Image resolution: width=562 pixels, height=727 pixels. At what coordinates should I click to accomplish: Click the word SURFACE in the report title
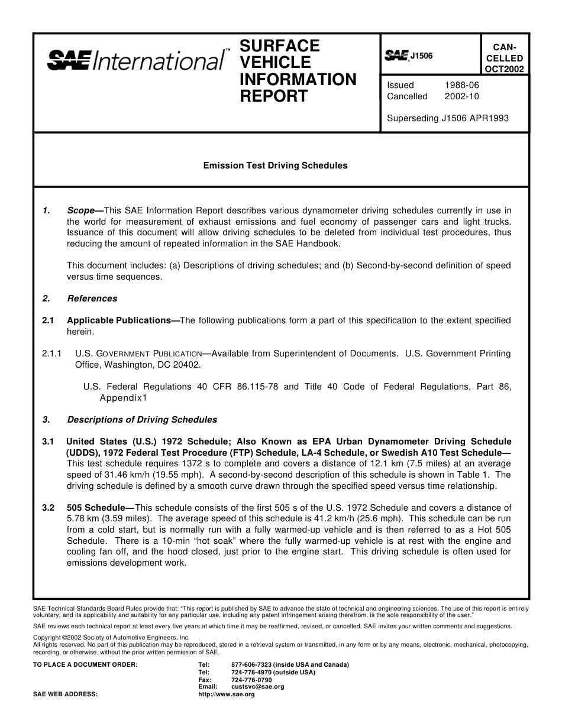(x=279, y=46)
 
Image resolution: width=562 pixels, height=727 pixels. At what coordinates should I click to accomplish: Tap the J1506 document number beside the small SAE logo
(x=421, y=56)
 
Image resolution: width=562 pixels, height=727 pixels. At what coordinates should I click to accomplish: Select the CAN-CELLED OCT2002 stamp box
(x=504, y=58)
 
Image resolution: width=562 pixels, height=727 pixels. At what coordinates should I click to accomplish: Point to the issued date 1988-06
(x=461, y=85)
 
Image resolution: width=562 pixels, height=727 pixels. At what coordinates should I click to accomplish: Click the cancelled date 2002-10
(x=461, y=96)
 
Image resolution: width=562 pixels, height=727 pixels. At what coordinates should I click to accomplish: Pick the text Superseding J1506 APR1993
(x=448, y=118)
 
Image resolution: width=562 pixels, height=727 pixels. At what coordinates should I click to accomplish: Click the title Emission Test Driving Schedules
(x=276, y=165)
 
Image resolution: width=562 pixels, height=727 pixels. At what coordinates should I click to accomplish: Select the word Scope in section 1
(x=81, y=210)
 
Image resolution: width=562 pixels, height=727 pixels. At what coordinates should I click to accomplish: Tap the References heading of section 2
(x=92, y=298)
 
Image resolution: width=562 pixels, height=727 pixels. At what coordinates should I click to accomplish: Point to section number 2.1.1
(x=51, y=353)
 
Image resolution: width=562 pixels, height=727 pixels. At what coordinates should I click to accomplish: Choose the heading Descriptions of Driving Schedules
(x=142, y=420)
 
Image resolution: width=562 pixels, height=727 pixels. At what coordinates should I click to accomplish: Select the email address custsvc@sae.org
(x=258, y=687)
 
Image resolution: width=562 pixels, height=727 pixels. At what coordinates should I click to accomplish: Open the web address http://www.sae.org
(x=227, y=694)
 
